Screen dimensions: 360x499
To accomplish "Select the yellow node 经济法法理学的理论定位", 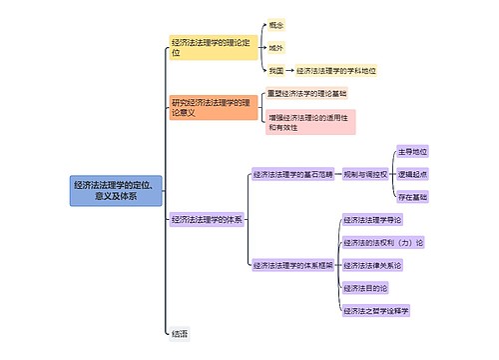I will [214, 47].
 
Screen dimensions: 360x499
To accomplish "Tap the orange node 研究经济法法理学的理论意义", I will [214, 108].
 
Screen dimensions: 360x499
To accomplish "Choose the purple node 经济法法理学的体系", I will [207, 219].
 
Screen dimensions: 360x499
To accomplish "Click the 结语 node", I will [180, 333].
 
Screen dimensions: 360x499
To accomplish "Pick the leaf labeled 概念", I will [276, 24].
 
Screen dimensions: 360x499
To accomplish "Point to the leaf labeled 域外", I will [276, 47].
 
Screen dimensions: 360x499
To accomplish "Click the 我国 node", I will [276, 71].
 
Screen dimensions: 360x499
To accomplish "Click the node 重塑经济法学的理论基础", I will [307, 93].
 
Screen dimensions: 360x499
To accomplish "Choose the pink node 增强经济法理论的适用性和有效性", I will [310, 122].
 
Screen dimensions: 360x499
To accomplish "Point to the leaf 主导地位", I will [412, 151].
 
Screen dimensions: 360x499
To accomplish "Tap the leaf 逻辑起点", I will [412, 174].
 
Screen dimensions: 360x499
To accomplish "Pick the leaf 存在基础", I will [412, 197].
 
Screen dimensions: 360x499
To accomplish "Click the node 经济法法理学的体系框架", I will [293, 265].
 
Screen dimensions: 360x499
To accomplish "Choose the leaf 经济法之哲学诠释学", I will [376, 311].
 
